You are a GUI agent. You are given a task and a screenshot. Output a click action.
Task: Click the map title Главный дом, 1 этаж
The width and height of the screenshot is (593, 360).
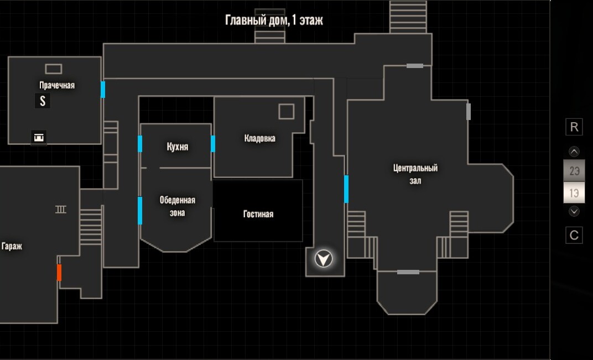(x=274, y=20)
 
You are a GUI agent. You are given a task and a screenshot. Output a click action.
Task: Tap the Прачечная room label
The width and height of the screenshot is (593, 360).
(x=57, y=85)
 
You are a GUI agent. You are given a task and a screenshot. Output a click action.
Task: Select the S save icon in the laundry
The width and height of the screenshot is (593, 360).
(x=43, y=101)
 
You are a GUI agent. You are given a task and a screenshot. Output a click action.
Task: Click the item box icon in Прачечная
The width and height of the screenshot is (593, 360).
(x=39, y=137)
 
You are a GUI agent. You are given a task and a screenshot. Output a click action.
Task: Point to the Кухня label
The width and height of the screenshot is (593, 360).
(x=178, y=147)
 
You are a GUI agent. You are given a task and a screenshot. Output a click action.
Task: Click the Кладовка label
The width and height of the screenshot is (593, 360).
(x=260, y=138)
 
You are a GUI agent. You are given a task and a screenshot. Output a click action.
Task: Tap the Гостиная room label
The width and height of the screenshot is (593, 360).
(x=258, y=214)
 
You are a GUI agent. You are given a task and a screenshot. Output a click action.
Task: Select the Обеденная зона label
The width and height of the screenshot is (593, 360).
(x=178, y=206)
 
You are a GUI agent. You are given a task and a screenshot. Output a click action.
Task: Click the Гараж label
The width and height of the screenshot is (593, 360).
(x=12, y=247)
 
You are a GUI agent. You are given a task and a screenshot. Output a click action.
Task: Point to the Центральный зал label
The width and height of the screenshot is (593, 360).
(x=415, y=174)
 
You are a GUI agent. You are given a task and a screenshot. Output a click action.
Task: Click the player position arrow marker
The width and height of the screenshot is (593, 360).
(x=324, y=259)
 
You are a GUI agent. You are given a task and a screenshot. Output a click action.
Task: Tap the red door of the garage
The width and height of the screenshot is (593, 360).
(x=59, y=272)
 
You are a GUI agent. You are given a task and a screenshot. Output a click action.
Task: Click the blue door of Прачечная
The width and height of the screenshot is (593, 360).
(x=103, y=90)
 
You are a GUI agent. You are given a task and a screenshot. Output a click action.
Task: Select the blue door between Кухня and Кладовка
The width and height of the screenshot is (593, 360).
(x=213, y=144)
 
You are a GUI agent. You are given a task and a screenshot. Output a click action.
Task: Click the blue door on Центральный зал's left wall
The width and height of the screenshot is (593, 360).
(x=346, y=189)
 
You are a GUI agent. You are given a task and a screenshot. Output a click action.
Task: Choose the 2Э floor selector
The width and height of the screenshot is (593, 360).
(x=574, y=171)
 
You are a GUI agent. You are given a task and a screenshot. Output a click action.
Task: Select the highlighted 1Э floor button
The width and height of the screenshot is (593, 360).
(x=574, y=193)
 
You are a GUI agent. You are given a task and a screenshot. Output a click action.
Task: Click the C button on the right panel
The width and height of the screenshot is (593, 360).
(x=574, y=235)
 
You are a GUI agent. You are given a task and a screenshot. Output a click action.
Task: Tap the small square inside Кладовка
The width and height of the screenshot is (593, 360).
(x=287, y=112)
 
